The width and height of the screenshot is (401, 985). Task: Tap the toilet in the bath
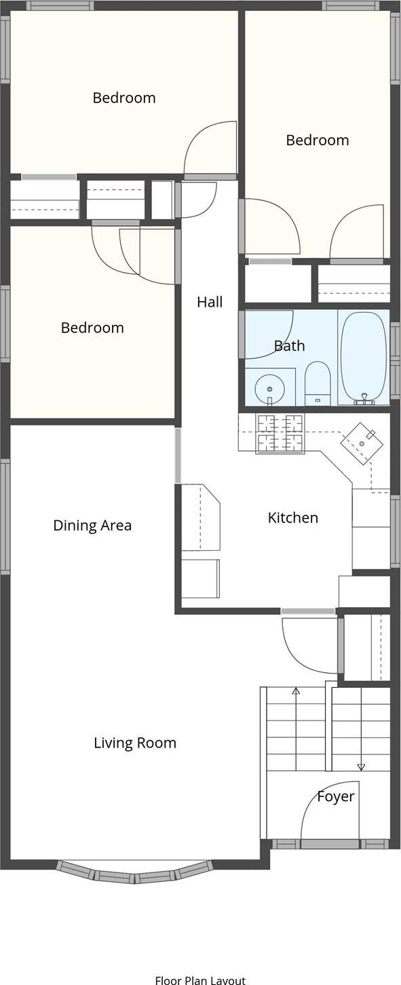point(318,383)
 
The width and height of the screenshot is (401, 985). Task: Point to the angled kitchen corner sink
point(362,443)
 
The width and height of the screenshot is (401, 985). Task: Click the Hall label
point(210,302)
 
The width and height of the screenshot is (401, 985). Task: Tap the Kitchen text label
point(293,518)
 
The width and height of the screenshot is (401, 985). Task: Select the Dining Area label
point(92,526)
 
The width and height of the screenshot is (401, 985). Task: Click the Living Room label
point(135,743)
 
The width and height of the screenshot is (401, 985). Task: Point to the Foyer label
point(336,796)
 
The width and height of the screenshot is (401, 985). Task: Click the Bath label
point(289,346)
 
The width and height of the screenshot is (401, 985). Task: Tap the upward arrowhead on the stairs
point(296,691)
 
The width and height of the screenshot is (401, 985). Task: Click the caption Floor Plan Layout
point(201,980)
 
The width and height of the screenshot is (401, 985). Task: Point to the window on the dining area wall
point(5,517)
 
